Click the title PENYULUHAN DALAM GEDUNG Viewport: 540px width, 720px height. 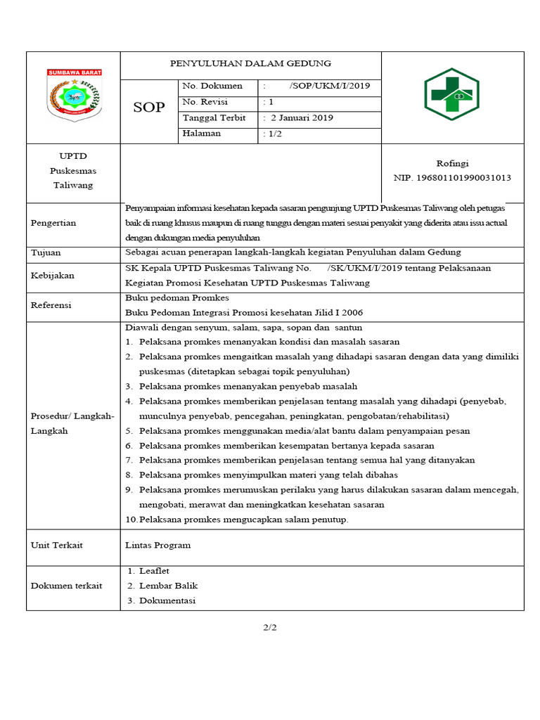[250, 63]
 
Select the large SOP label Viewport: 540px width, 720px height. [149, 108]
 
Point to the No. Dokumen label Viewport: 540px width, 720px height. [212, 86]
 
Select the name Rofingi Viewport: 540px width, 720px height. [452, 163]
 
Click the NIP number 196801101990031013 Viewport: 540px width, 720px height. [452, 178]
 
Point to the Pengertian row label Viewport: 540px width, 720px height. [53, 223]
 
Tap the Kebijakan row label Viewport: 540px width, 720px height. [53, 276]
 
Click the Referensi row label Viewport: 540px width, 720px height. [51, 305]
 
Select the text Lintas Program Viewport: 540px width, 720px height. [157, 545]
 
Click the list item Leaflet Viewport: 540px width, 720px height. [154, 571]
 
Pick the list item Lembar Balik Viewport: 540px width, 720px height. [168, 586]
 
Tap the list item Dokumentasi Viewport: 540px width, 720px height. [167, 600]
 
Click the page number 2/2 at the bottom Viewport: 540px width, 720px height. [270, 628]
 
